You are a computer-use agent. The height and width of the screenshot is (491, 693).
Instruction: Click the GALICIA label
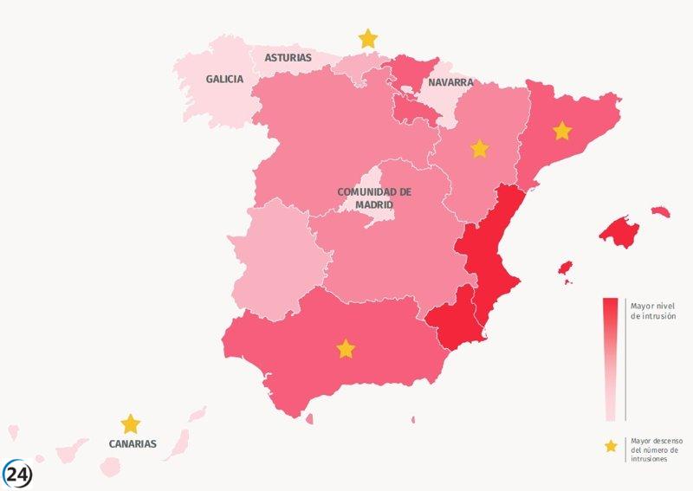(224, 79)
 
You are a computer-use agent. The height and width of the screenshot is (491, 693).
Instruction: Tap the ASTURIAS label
(288, 58)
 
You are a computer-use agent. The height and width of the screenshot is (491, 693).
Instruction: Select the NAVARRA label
(450, 83)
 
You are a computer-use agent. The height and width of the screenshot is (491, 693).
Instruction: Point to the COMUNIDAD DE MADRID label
(374, 197)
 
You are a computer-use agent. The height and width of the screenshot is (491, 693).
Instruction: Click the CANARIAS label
(133, 443)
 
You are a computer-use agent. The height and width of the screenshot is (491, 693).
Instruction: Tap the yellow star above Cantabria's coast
(368, 38)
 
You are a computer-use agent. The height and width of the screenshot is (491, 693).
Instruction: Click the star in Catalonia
(562, 131)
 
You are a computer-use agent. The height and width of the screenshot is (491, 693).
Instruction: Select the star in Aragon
(479, 149)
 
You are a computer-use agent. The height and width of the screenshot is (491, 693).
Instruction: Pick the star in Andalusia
(346, 349)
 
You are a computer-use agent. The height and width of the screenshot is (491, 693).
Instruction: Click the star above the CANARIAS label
(131, 423)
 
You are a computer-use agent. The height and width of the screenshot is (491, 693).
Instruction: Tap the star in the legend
(611, 446)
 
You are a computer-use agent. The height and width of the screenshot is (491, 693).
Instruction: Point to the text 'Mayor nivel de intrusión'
(654, 311)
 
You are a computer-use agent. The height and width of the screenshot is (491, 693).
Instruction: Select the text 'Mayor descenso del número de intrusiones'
(655, 449)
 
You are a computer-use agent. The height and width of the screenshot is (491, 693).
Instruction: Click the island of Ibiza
(566, 267)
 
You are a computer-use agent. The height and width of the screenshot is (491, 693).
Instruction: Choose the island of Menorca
(660, 210)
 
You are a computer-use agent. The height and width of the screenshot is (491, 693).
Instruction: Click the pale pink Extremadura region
(275, 260)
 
